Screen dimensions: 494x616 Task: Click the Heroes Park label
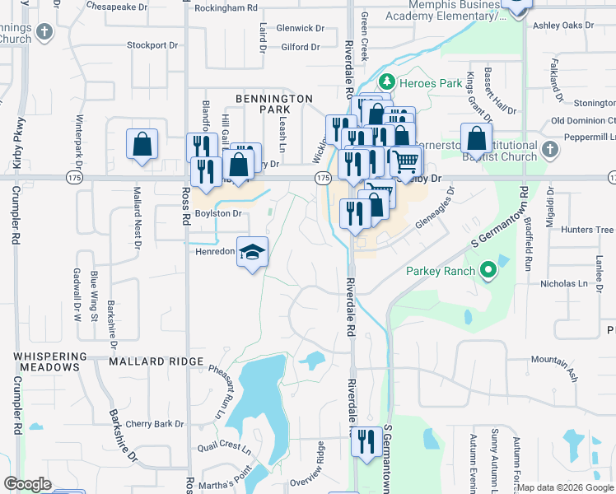[x=419, y=83]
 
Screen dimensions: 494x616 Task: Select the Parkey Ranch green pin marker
[x=488, y=270]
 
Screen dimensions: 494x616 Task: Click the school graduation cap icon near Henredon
[x=253, y=252]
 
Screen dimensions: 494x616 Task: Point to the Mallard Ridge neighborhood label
[x=156, y=361]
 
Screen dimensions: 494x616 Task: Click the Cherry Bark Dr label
[x=155, y=424]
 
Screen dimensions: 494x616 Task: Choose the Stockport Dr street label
[x=152, y=45]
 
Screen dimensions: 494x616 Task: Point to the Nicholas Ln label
[x=567, y=284]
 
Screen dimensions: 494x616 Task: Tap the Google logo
[x=27, y=484]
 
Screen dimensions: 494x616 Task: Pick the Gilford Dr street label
[x=300, y=48]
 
